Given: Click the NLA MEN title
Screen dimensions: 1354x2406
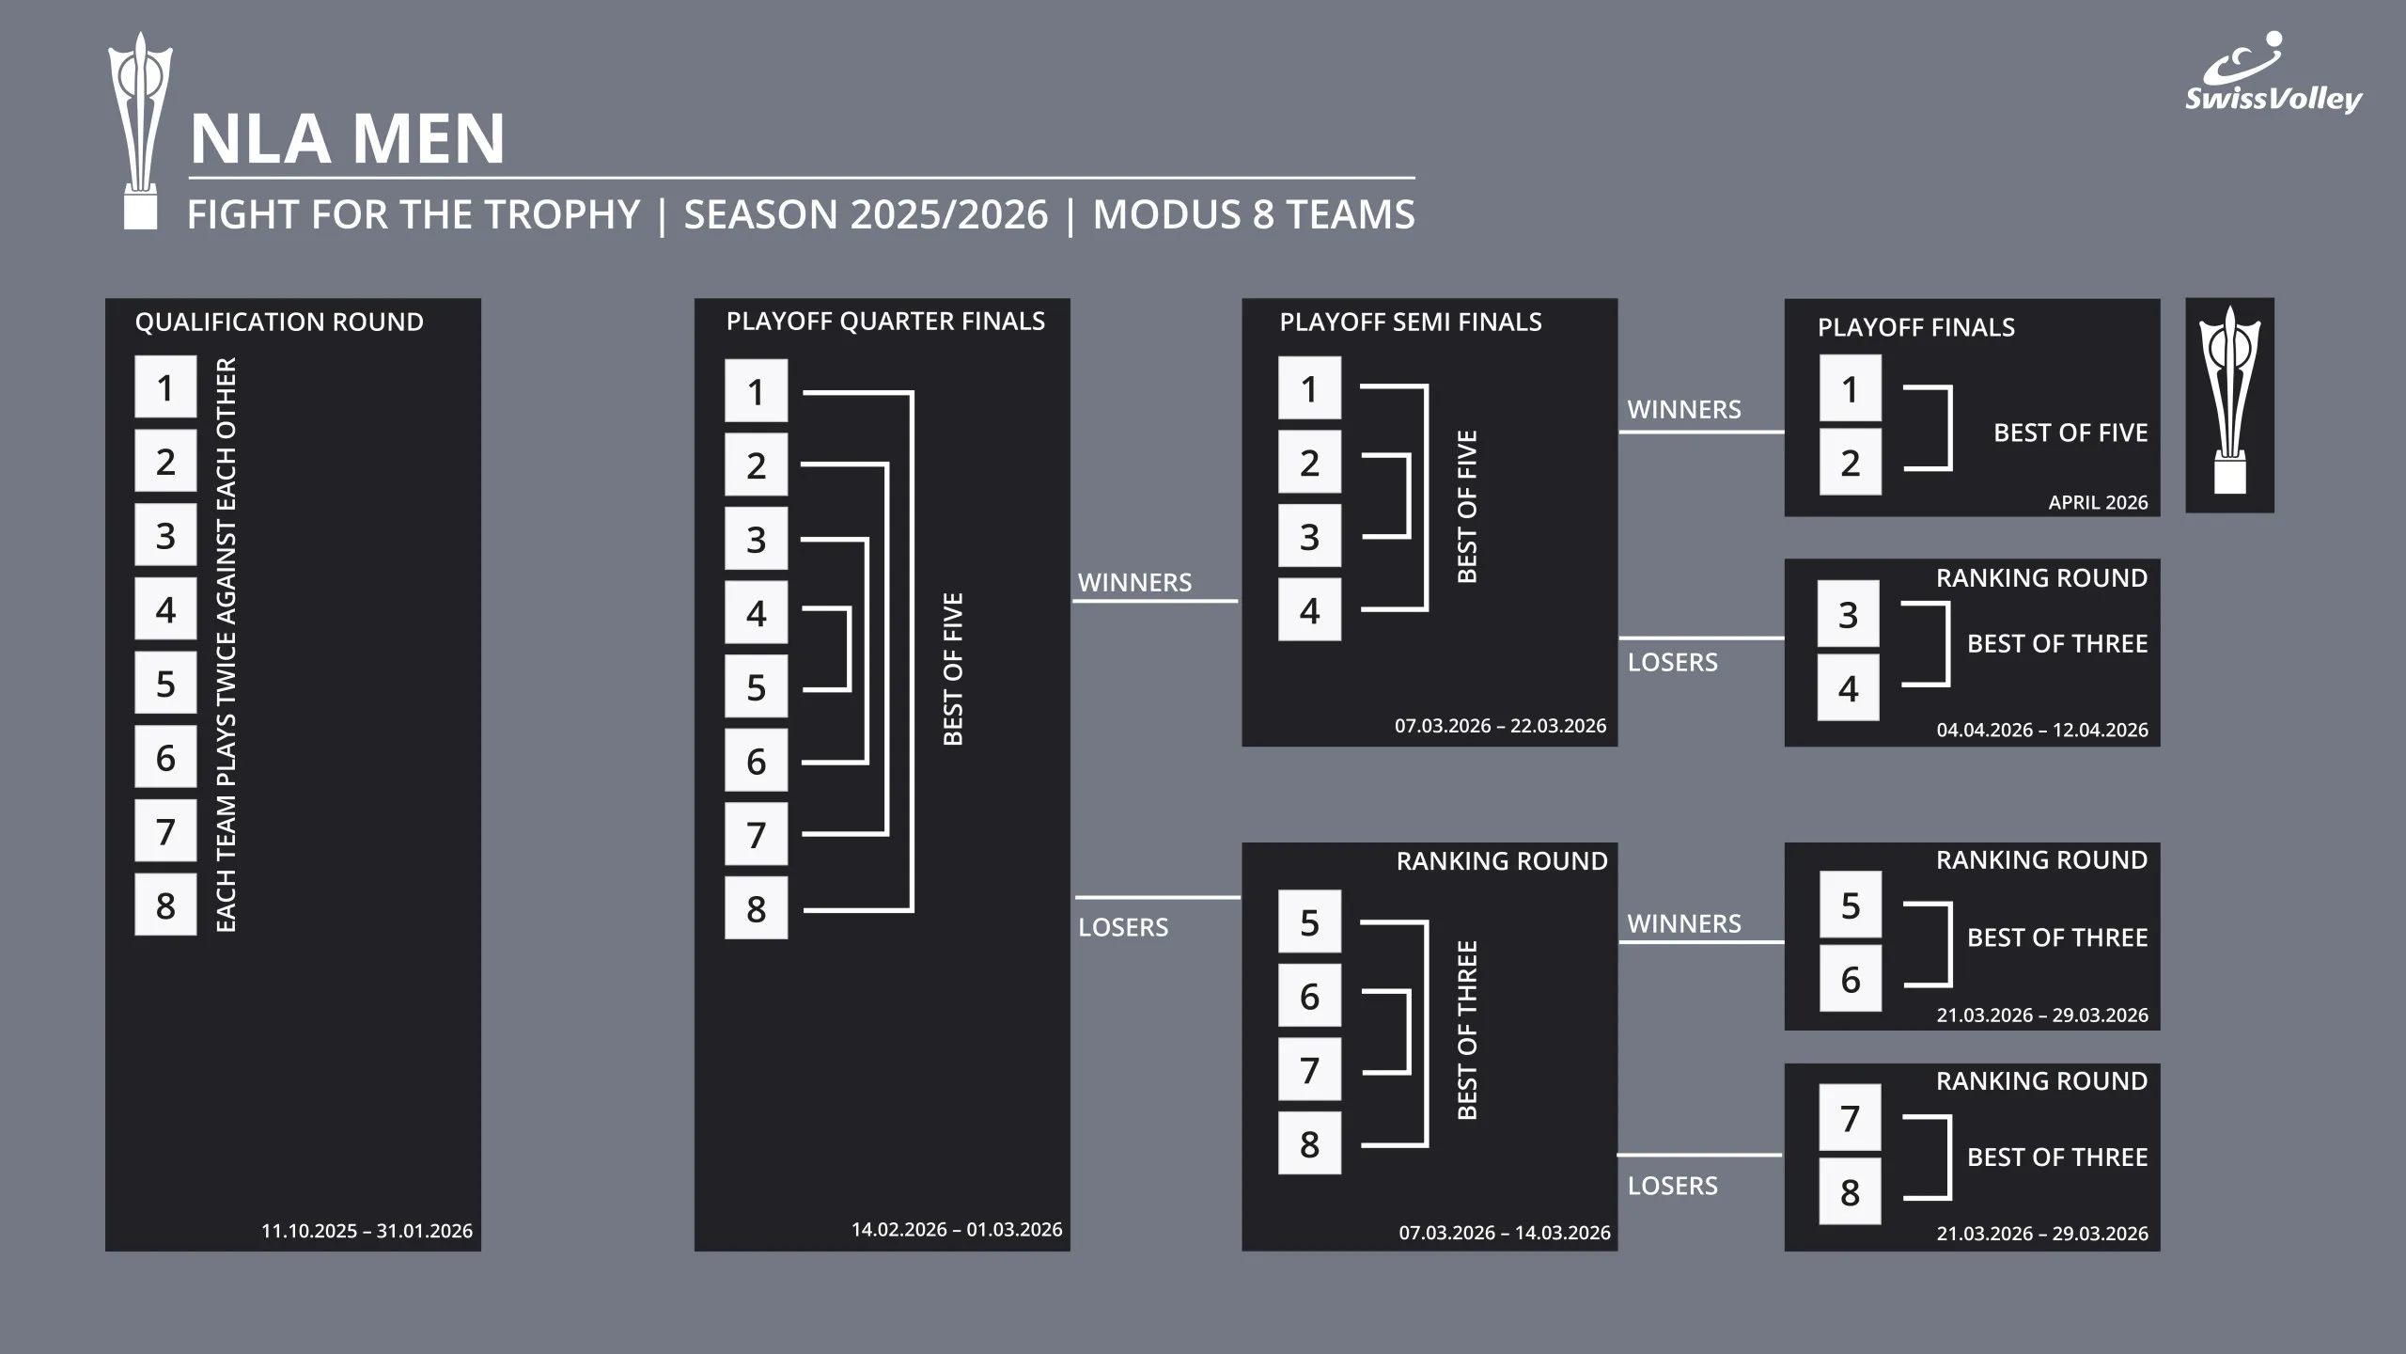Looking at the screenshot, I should point(347,139).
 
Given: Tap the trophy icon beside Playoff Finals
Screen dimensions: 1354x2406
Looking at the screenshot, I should point(2229,405).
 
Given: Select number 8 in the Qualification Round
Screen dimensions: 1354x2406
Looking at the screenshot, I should point(165,905).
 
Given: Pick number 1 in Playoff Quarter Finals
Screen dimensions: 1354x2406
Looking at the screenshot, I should point(756,391).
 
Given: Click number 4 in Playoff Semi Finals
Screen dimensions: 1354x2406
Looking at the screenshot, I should point(1309,610).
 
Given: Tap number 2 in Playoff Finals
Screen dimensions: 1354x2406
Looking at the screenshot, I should point(1850,463).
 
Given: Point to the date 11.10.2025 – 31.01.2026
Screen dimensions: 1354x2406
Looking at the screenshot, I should point(367,1231).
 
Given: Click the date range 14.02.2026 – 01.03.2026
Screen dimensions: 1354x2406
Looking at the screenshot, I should point(957,1230).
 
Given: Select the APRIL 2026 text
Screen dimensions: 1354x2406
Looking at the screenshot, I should point(2098,503).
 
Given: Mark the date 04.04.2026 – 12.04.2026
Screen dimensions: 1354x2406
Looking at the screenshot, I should point(2042,731).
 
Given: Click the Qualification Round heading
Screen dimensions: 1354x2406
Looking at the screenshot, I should point(279,323).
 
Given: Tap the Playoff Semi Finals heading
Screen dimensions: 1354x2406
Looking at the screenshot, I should point(1411,323).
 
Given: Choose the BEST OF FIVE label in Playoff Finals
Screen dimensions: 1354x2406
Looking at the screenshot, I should point(2070,433).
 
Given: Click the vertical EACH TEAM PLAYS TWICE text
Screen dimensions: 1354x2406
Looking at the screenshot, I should point(227,645).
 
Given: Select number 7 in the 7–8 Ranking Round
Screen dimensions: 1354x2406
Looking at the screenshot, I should point(1850,1118).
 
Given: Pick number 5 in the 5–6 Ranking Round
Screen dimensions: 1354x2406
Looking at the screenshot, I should point(1850,905).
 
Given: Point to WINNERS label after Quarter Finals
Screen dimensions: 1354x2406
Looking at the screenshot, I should point(1134,583).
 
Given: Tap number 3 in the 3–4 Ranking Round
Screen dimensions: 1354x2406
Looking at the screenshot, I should point(1848,614).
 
